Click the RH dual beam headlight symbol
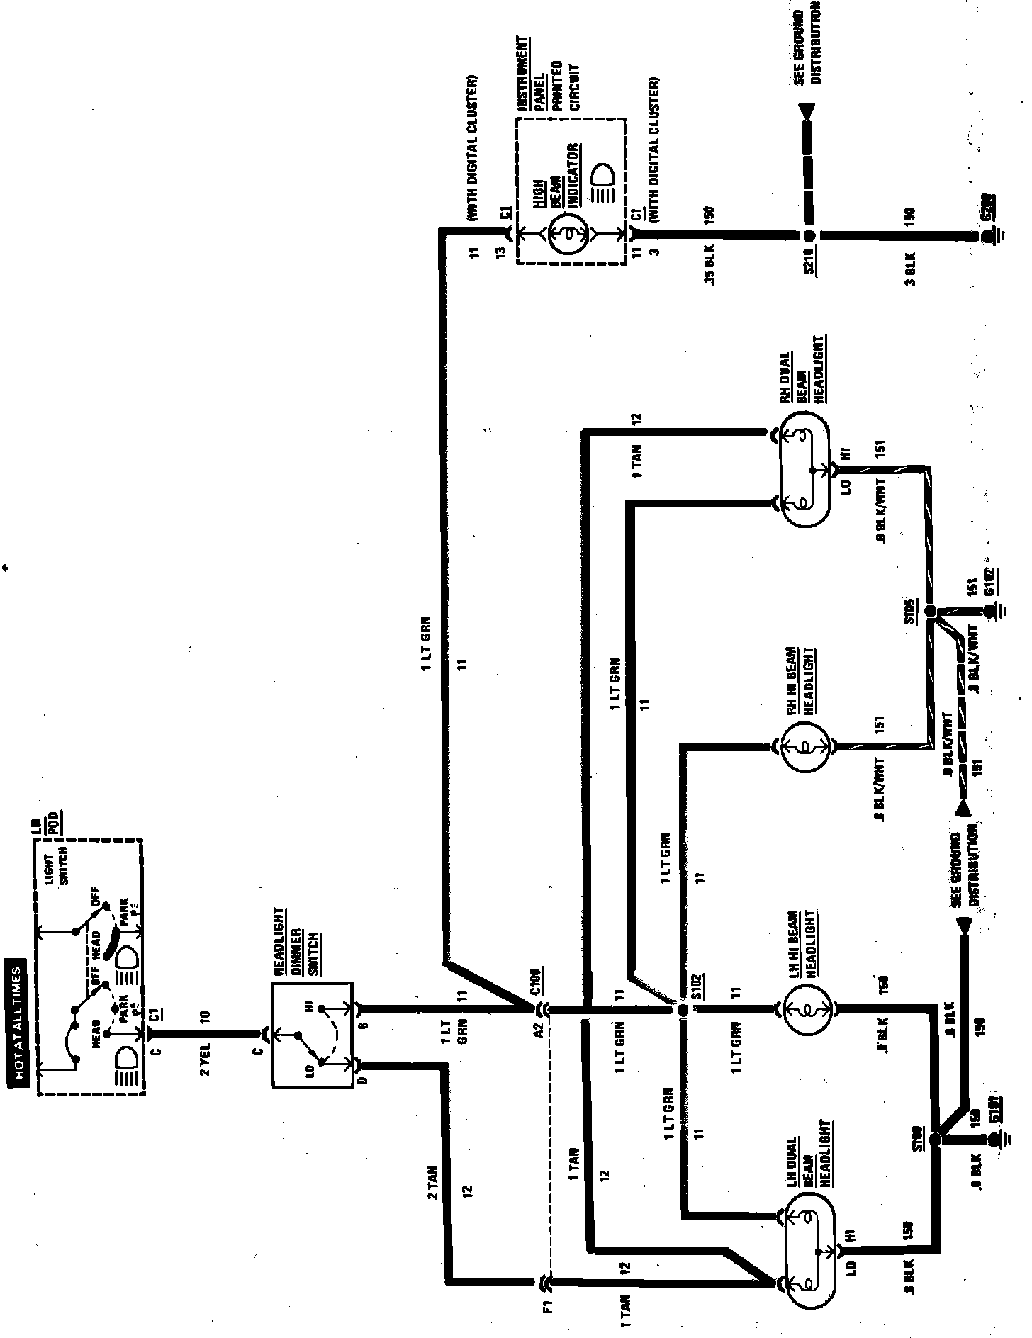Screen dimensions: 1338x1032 click(x=805, y=469)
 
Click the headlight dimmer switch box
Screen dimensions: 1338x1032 click(x=313, y=1034)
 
